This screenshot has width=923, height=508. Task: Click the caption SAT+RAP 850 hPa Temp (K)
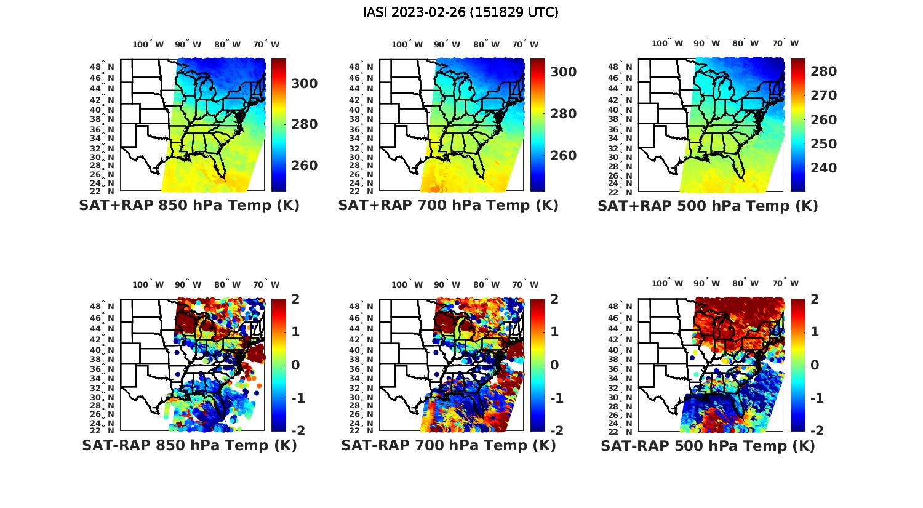189,205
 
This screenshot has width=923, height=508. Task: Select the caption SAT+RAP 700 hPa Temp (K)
448,205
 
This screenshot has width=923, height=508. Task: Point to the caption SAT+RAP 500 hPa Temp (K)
708,206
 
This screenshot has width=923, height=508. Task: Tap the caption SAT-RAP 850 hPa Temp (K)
189,445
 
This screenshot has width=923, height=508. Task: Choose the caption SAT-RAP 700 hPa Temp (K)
448,445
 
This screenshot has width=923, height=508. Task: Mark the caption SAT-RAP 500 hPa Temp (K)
708,446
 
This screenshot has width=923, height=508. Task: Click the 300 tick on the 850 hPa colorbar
304,84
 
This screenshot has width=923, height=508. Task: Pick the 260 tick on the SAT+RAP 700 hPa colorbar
563,156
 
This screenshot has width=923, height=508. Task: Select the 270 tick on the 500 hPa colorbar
823,95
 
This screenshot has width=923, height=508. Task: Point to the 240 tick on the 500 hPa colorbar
823,168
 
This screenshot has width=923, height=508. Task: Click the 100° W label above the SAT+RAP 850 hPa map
148,44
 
